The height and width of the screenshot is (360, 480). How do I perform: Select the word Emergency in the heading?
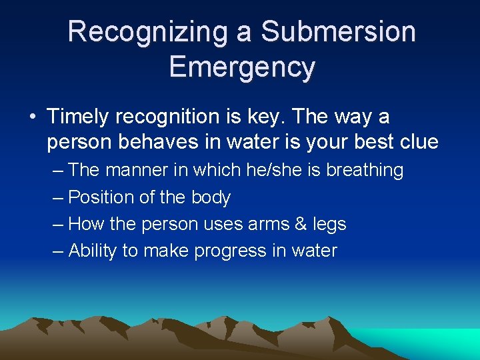[241, 67]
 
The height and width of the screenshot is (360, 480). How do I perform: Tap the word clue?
[417, 142]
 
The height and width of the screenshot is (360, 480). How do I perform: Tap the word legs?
[329, 225]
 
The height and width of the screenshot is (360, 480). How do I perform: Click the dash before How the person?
[58, 224]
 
